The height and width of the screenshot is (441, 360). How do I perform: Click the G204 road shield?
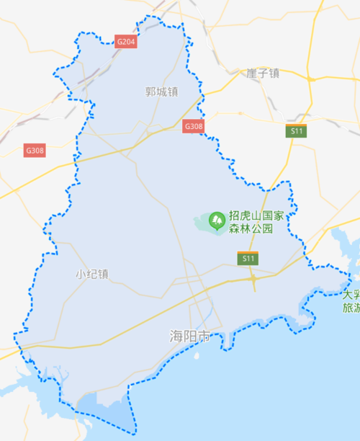(x=126, y=43)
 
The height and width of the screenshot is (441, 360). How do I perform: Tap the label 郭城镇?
(x=161, y=92)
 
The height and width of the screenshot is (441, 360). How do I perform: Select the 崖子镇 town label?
(x=262, y=73)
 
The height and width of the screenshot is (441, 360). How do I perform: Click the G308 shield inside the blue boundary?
(x=194, y=126)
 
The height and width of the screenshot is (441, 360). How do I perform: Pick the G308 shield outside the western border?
(x=35, y=151)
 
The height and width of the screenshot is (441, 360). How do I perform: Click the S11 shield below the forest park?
(x=248, y=258)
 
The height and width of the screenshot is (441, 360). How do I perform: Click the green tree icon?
(x=216, y=219)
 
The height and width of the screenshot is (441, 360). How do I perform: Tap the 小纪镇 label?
(x=91, y=274)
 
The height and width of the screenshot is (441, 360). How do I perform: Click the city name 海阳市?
(x=189, y=337)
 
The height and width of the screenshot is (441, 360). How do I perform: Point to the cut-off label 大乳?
(x=351, y=295)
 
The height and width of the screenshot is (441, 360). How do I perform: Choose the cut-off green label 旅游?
(x=351, y=308)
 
